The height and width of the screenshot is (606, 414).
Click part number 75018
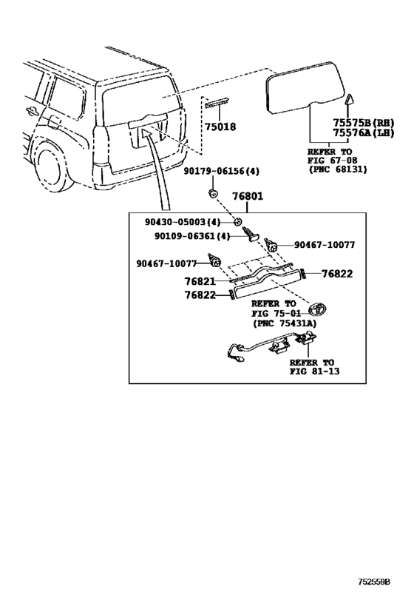220,127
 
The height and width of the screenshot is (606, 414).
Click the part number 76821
200,282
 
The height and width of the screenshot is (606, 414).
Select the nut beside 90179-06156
212,194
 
